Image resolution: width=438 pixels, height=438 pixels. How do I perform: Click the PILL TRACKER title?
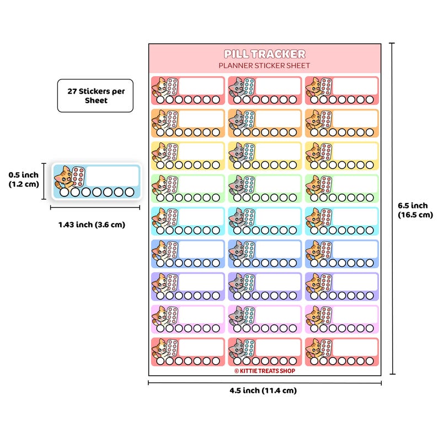(x=265, y=54)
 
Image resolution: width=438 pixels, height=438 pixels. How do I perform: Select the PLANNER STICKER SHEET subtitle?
(x=264, y=66)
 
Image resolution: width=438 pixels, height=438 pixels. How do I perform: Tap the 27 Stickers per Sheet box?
(x=95, y=95)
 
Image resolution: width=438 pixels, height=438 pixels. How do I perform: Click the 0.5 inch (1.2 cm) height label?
(x=24, y=179)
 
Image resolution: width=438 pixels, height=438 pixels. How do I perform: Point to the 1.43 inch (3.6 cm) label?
(x=92, y=225)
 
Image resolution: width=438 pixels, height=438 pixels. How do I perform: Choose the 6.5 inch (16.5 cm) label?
(x=415, y=210)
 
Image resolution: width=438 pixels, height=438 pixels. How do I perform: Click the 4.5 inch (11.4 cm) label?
(x=263, y=390)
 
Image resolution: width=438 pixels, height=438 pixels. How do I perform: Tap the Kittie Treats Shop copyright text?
(x=265, y=371)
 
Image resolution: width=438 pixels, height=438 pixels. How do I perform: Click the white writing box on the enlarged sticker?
(x=113, y=177)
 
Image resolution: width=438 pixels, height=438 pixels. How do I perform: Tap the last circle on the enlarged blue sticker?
(x=130, y=192)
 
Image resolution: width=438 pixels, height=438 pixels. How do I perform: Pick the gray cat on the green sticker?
(x=236, y=185)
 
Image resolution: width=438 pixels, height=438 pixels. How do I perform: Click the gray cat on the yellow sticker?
(x=236, y=152)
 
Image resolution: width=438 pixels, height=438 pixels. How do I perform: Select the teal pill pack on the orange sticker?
(x=249, y=119)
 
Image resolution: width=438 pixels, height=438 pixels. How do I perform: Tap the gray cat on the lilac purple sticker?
(x=236, y=283)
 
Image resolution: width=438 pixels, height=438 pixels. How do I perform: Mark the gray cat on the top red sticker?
(x=236, y=87)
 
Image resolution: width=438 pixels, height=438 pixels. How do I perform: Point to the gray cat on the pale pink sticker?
(x=236, y=316)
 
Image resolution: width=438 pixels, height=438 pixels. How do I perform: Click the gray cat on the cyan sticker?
(x=236, y=218)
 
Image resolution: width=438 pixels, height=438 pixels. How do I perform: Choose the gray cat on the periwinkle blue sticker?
(x=236, y=250)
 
